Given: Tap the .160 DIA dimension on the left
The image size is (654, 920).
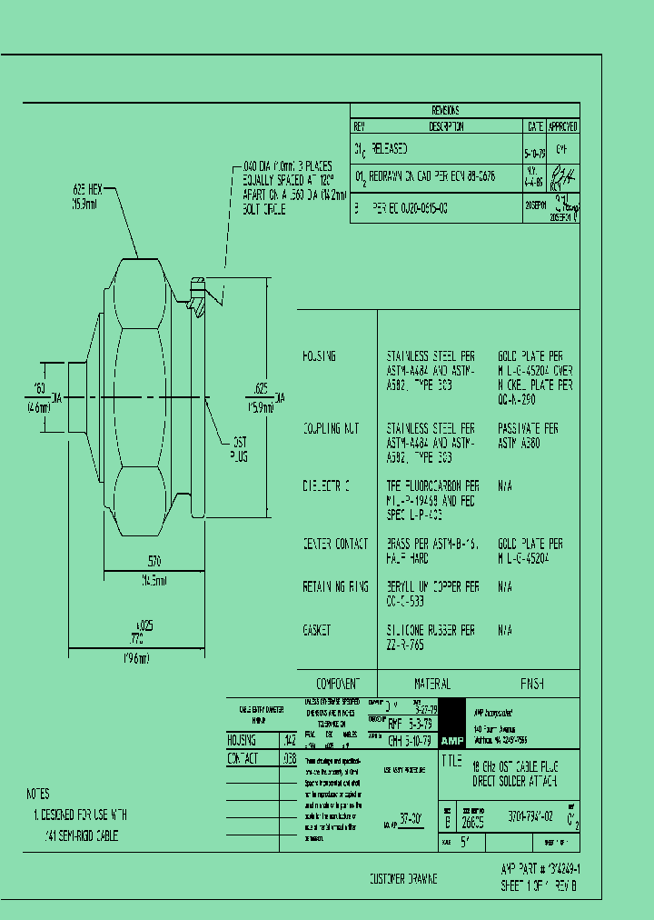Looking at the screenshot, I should (x=41, y=395).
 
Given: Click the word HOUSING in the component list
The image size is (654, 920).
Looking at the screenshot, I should (x=319, y=356).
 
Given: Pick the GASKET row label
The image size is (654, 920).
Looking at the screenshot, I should (x=317, y=629).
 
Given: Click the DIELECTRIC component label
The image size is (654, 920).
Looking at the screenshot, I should (x=326, y=486).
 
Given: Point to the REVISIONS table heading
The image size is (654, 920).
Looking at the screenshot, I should (x=445, y=109).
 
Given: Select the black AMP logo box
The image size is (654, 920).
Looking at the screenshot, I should (x=451, y=740).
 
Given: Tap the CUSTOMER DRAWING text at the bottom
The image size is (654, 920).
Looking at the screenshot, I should (x=402, y=879).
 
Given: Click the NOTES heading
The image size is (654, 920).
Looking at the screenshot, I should (x=38, y=793).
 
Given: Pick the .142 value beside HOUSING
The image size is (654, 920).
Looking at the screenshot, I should (x=290, y=740).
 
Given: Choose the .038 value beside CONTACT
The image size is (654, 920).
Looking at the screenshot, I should (x=290, y=757).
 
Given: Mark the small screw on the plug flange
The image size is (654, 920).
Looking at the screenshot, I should (x=196, y=295).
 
